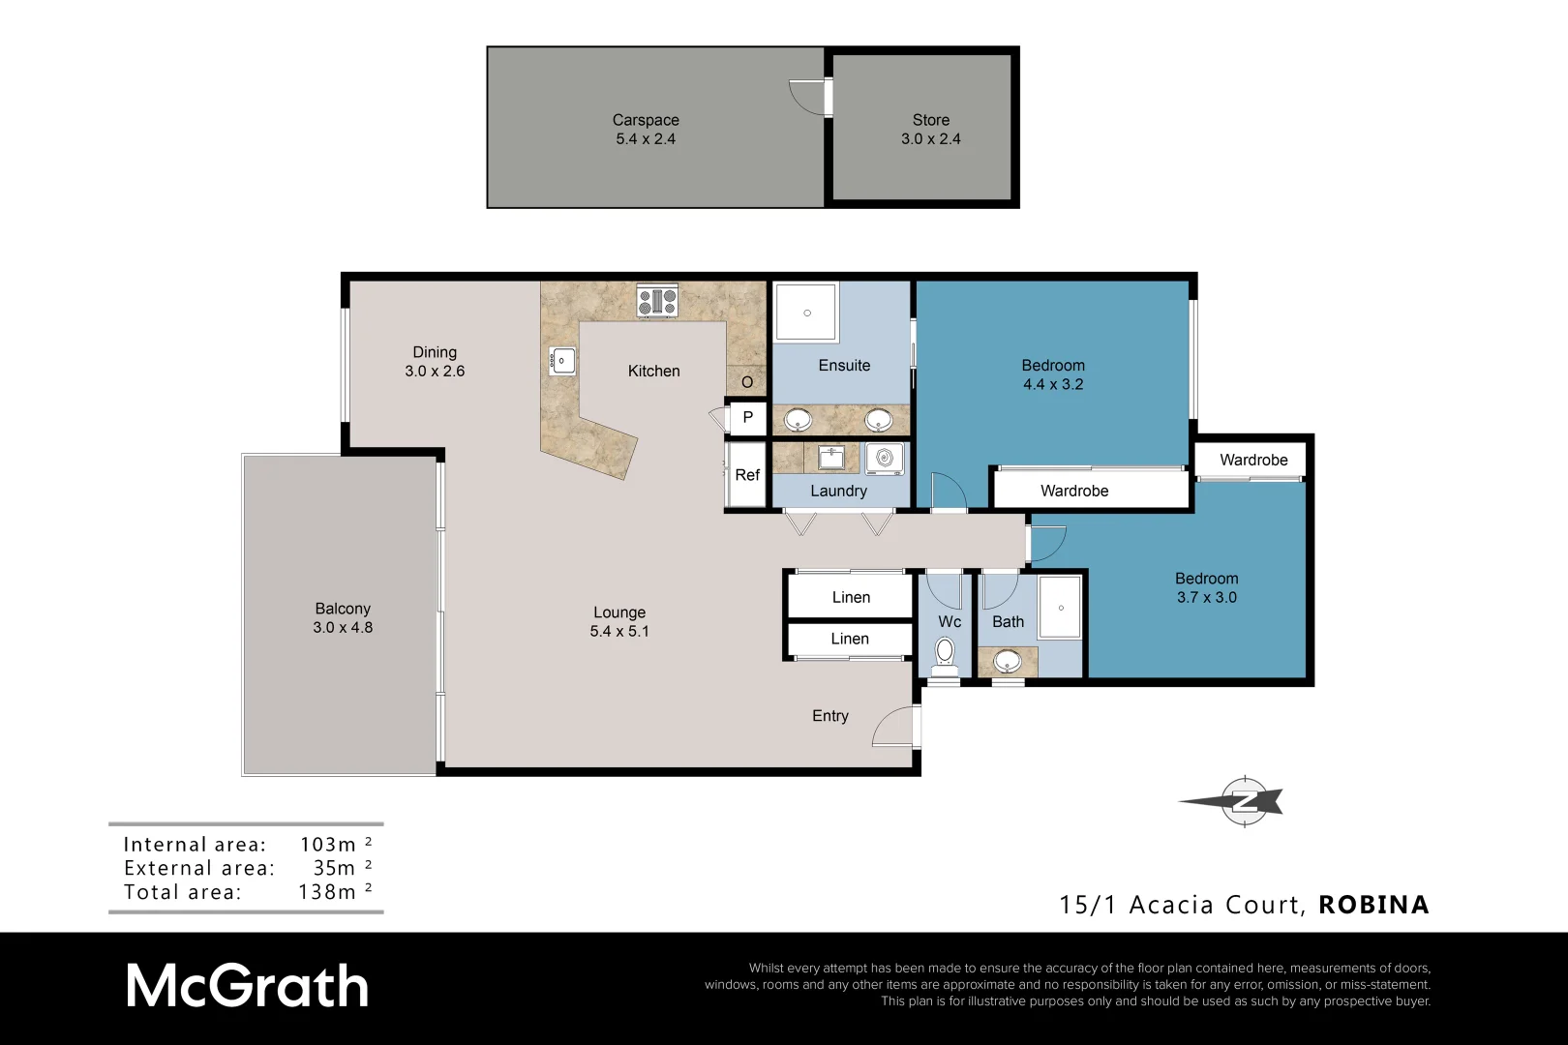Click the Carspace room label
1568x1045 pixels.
coord(646,120)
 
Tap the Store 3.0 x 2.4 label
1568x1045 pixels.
coord(931,130)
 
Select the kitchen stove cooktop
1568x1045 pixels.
coord(657,302)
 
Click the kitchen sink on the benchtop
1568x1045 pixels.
coord(562,361)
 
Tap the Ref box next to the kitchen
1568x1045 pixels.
coord(747,474)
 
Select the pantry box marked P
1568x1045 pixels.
coord(747,418)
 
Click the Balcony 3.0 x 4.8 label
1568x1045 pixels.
coord(343,618)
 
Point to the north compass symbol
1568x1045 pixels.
coord(1242,801)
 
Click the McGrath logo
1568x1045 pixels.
coord(248,987)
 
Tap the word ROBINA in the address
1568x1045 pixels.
coord(1373,905)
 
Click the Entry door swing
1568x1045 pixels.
coord(893,728)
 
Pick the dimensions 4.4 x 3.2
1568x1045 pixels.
coord(1053,384)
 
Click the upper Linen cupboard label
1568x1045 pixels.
coord(851,597)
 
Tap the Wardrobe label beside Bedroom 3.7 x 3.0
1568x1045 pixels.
coord(1253,460)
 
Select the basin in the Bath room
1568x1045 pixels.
coord(1008,662)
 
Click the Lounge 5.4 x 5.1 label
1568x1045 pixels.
coord(619,621)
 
